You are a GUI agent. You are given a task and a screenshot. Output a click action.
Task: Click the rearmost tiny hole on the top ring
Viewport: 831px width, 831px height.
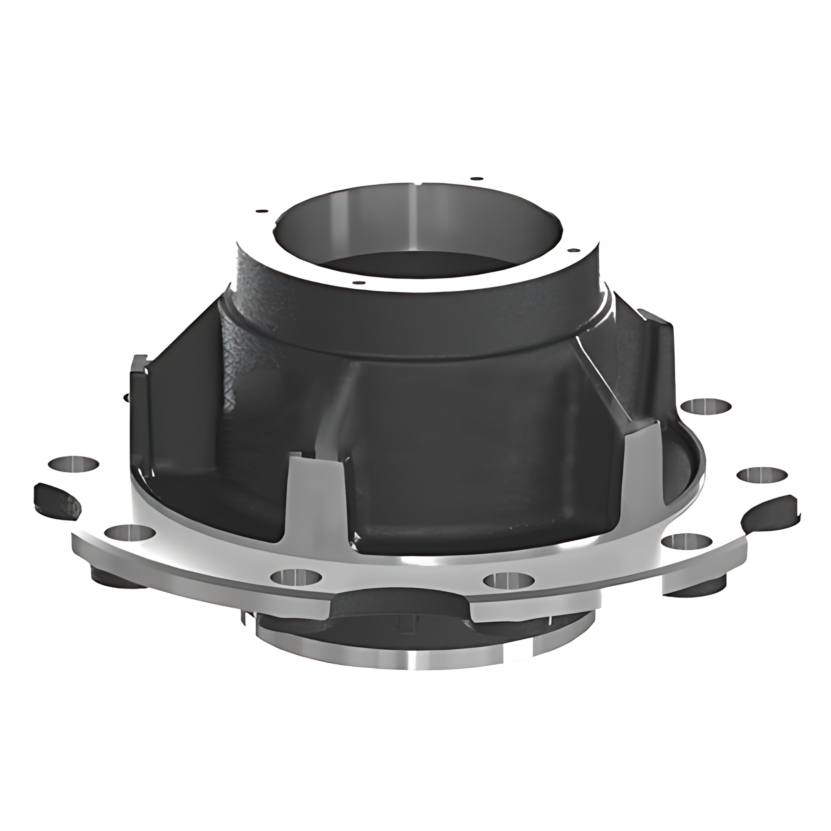pos(476,178)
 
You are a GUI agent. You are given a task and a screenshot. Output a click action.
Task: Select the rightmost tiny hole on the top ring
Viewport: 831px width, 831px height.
pos(574,250)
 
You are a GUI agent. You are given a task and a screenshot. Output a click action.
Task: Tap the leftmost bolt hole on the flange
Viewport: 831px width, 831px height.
pos(74,464)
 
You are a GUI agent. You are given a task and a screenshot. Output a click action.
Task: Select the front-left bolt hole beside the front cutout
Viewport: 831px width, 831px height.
pos(296,577)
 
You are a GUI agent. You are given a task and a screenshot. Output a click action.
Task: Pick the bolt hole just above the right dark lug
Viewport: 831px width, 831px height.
pos(761,474)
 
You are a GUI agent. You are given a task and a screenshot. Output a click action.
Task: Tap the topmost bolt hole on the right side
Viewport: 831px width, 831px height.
pos(706,406)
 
